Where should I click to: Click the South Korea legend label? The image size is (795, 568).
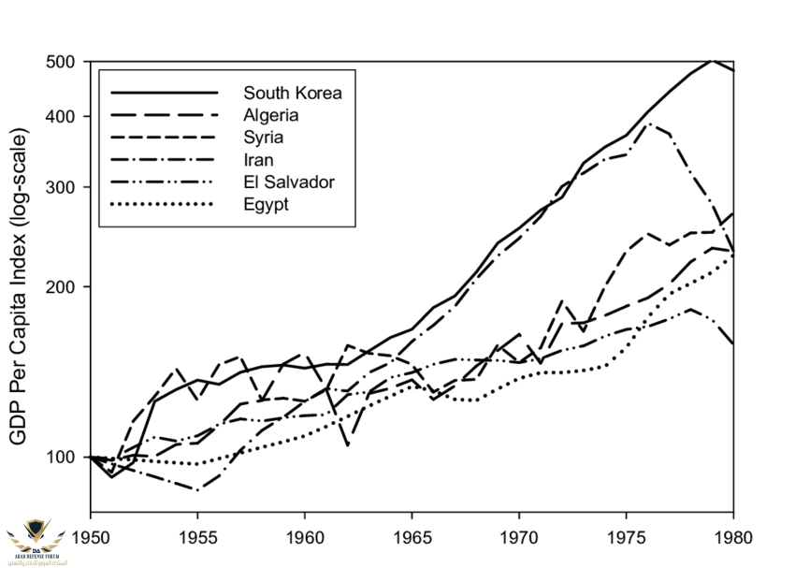coord(293,93)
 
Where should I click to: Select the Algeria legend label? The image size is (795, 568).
coord(271,115)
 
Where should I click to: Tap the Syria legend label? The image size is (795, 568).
coord(264,138)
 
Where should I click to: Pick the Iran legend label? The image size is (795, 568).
coord(259,160)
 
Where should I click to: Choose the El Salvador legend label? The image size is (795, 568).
coord(288,182)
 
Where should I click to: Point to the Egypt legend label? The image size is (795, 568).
coord(266,204)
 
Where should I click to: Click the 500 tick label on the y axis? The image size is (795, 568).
coord(63,62)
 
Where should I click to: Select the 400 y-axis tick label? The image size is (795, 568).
coord(63,117)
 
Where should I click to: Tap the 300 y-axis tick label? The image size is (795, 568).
coord(63,187)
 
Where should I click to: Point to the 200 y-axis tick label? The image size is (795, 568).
coord(63,286)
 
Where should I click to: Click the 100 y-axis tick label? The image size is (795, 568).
coord(63,457)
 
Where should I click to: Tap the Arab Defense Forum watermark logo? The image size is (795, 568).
coord(36,540)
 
